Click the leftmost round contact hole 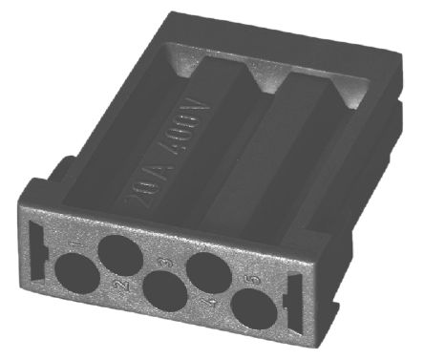coord(74,279)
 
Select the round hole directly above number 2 coord(119,256)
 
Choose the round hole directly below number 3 coord(165,291)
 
